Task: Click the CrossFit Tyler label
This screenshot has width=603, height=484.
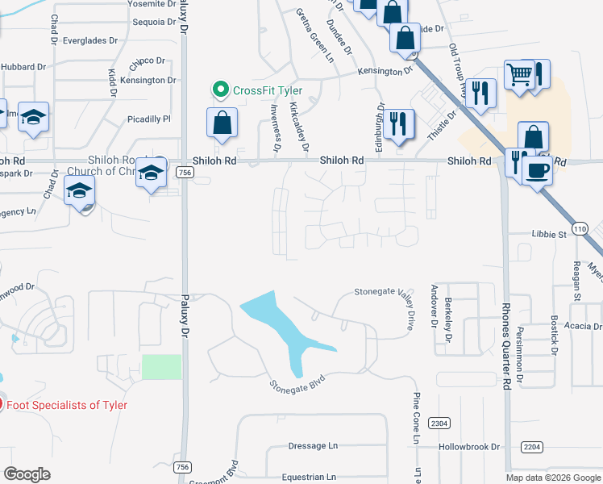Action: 268,90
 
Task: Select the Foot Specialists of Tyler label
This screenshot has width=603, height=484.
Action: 67,405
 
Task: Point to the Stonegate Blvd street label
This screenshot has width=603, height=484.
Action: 297,382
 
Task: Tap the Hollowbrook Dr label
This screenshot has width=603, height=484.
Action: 469,446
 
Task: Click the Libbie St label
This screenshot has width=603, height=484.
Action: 549,235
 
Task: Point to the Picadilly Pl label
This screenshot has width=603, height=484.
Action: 149,119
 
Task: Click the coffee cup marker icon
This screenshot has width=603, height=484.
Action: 537,170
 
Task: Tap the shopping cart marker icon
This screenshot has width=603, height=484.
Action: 519,74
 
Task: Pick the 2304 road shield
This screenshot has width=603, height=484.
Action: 439,423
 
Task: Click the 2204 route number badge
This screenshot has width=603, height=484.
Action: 532,446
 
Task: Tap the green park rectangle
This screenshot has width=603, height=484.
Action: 162,366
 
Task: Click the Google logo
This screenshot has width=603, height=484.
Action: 27,474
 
